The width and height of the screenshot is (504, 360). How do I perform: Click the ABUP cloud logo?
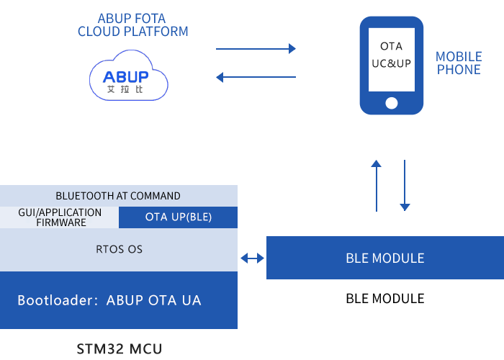click(x=128, y=76)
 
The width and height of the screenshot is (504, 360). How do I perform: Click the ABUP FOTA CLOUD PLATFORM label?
click(x=132, y=25)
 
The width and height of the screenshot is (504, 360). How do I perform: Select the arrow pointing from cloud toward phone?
click(x=255, y=49)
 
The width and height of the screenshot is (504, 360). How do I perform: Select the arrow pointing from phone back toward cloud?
click(x=255, y=76)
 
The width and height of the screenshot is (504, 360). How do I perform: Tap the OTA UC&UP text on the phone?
click(x=391, y=55)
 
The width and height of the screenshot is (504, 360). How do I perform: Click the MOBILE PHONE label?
click(x=458, y=63)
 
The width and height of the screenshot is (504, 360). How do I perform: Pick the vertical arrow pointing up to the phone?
click(x=376, y=185)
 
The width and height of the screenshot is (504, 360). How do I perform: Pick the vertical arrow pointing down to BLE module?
click(x=405, y=185)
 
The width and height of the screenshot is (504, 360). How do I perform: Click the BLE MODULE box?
click(x=384, y=258)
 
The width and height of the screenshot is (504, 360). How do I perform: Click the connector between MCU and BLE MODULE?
click(x=252, y=258)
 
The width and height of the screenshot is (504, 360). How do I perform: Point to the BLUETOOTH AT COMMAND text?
click(x=118, y=196)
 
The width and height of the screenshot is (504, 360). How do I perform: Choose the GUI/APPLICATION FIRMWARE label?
click(x=60, y=217)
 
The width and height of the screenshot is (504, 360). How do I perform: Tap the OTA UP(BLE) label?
click(x=179, y=217)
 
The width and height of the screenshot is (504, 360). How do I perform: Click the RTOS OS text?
click(x=119, y=249)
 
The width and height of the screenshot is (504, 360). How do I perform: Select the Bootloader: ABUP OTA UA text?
click(x=109, y=300)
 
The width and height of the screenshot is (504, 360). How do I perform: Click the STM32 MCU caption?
click(x=119, y=349)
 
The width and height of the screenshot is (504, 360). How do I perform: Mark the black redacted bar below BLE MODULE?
click(x=384, y=299)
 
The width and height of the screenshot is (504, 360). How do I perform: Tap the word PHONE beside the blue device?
click(x=458, y=70)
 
